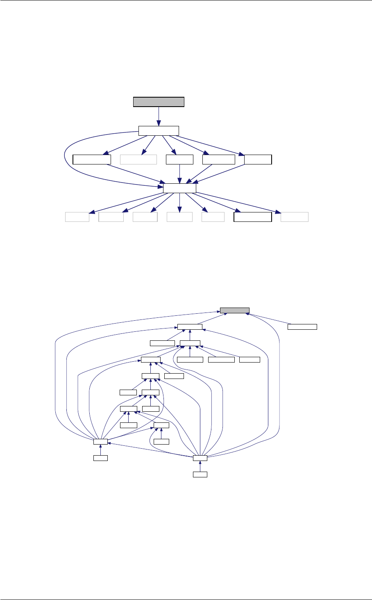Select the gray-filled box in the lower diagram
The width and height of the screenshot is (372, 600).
pos(234,310)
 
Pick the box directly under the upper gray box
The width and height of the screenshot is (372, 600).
pos(159,130)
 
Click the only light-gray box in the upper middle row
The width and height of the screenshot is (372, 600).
pos(138,159)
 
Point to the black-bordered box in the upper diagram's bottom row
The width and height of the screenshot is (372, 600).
pos(252,217)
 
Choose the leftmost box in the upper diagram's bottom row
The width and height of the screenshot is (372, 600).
pos(77,217)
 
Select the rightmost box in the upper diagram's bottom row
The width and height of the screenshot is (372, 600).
pos(295,217)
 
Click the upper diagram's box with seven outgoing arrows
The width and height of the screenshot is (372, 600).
pos(179,188)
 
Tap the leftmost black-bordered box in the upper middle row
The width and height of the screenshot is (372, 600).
pos(92,159)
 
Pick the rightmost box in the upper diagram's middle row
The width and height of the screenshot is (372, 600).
pos(258,159)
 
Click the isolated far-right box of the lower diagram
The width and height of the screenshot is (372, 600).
pos(302,327)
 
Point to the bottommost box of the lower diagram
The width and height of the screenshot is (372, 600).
pos(200,475)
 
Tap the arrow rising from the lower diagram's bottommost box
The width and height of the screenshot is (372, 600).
pos(200,466)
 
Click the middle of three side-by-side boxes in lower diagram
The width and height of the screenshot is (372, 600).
pos(221,360)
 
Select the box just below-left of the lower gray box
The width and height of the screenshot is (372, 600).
pos(190,327)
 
